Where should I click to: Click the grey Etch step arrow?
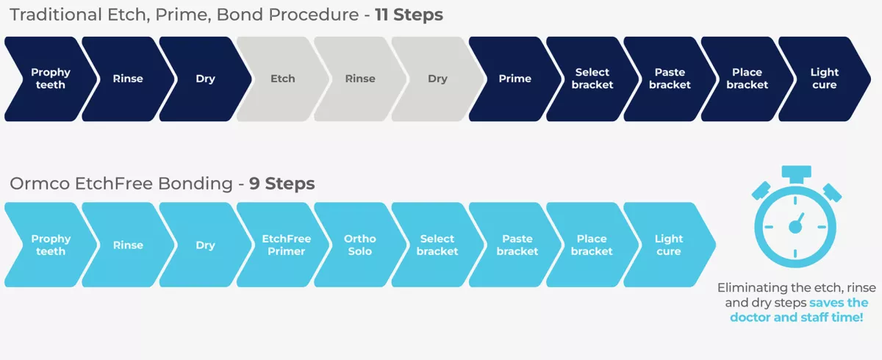283,79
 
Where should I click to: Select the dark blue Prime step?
514,79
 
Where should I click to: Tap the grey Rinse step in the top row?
360,79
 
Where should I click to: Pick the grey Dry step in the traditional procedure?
437,79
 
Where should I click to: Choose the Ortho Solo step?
360,245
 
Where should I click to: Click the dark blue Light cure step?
824,79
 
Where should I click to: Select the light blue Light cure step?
669,245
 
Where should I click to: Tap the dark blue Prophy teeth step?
51,79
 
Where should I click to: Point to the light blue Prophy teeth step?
51,245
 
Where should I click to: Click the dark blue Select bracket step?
592,79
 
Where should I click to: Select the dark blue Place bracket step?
747,79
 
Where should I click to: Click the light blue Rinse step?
128,245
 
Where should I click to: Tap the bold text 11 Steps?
409,15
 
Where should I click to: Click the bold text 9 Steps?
282,184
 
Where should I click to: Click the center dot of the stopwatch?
795,227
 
